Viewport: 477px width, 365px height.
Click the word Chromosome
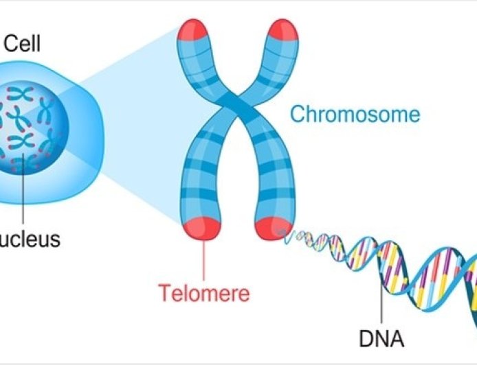pyautogui.click(x=355, y=113)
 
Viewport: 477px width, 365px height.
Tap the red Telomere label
pyautogui.click(x=204, y=292)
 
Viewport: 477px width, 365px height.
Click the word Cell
pyautogui.click(x=22, y=45)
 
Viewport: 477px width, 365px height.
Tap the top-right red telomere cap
pyautogui.click(x=282, y=31)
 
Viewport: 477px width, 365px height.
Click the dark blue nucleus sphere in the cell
pyautogui.click(x=31, y=123)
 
